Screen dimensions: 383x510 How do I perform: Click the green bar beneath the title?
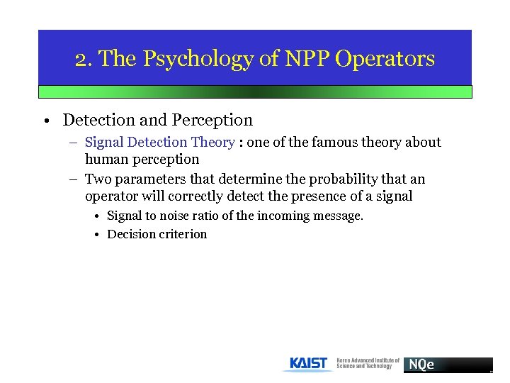point(255,92)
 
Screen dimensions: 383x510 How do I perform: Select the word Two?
point(98,179)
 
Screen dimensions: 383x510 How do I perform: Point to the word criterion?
point(183,234)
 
